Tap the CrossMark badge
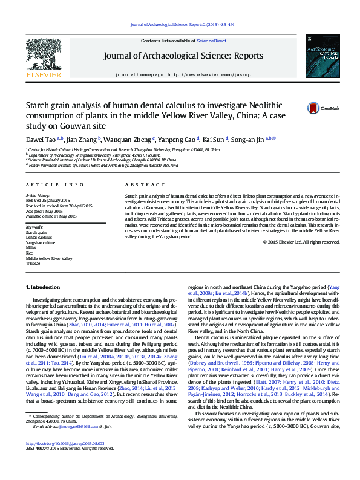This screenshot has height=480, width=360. (x=314, y=108)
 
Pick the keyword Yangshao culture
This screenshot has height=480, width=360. (x=40, y=242)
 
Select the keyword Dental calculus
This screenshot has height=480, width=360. (x=39, y=237)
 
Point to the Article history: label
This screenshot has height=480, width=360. (x=38, y=196)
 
